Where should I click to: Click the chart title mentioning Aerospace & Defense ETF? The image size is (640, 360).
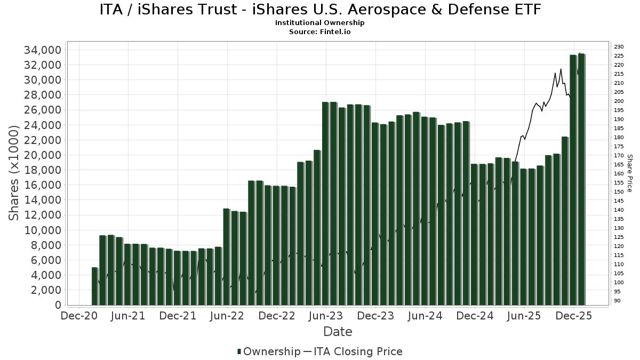click(x=320, y=10)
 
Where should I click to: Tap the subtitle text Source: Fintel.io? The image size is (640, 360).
click(x=320, y=31)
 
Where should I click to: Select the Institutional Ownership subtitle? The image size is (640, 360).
click(x=320, y=23)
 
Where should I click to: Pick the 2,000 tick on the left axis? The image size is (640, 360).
click(x=45, y=290)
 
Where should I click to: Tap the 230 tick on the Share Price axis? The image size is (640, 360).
click(x=619, y=47)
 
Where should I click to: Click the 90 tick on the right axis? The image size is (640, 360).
click(x=617, y=300)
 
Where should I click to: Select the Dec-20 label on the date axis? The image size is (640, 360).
click(x=79, y=316)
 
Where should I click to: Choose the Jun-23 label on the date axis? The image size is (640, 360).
click(x=326, y=316)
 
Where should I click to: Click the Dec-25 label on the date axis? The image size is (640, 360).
click(x=573, y=316)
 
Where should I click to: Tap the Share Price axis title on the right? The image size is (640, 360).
click(x=629, y=173)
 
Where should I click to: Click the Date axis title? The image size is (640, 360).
click(x=338, y=332)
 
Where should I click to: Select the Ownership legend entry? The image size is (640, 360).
click(x=269, y=351)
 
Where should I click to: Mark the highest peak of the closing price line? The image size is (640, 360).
click(x=580, y=53)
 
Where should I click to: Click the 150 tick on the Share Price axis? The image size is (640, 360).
click(x=619, y=191)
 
